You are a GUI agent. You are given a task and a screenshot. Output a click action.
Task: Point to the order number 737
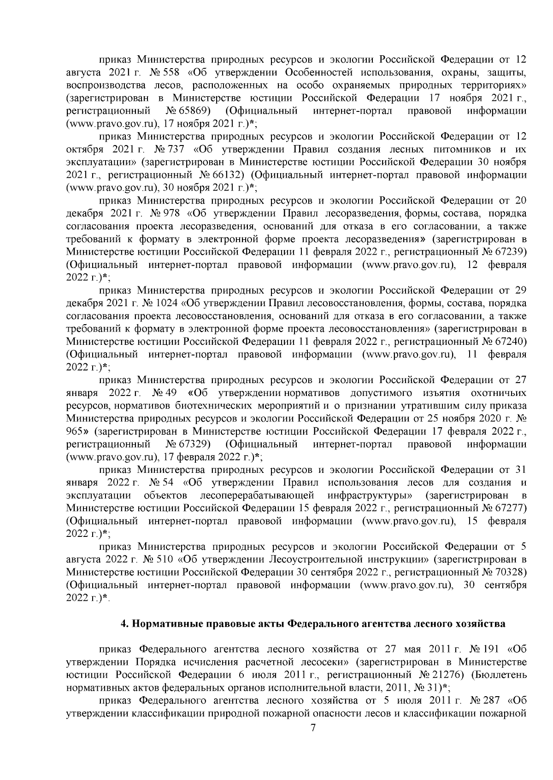point(173,150)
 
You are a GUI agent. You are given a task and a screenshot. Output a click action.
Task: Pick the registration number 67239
point(509,252)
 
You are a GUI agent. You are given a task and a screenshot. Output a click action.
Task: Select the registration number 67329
point(195,444)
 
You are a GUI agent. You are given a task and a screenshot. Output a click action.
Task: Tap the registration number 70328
point(509,572)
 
